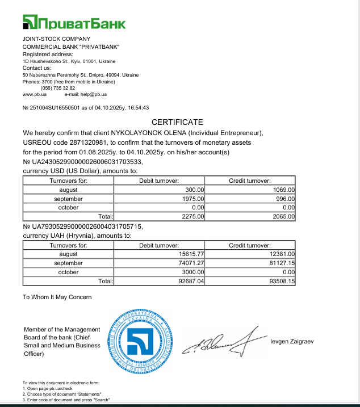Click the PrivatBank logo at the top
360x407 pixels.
74,23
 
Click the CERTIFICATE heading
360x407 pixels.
177,122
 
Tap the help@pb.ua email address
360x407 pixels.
94,94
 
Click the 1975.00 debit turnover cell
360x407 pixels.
194,199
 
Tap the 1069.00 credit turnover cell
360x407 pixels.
283,190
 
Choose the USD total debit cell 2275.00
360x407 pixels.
194,216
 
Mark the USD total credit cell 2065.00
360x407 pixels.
283,216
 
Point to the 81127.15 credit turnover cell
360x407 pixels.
282,263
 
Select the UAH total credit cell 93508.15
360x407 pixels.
282,281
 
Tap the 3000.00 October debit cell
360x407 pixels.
192,272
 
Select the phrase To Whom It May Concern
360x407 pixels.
57,297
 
